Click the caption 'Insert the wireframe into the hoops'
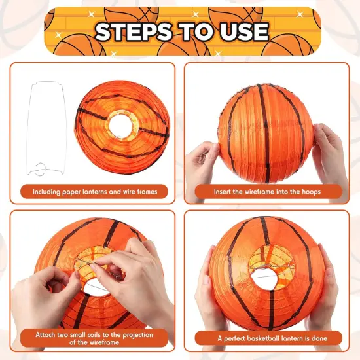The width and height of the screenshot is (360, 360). [x=268, y=192]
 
